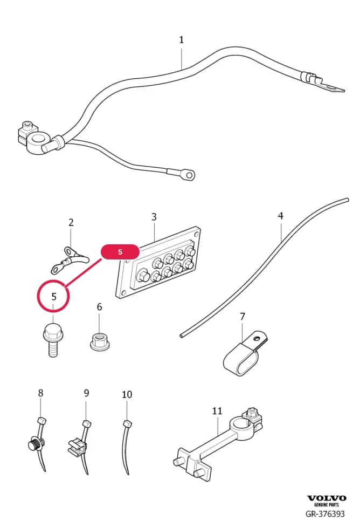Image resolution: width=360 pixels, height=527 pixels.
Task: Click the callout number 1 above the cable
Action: [181, 40]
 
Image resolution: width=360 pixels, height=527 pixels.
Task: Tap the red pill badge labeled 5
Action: [120, 252]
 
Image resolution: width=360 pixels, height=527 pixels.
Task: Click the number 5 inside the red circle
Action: [54, 297]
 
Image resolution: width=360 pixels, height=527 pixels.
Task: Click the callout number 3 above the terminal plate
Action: [154, 217]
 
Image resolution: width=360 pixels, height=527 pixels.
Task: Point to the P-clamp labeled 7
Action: [245, 353]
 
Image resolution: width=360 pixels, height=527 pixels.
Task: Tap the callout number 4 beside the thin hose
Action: [281, 216]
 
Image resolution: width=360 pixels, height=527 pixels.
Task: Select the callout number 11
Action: [217, 410]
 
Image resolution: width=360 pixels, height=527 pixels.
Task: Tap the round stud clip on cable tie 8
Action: [35, 444]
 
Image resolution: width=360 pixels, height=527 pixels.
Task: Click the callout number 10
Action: [127, 394]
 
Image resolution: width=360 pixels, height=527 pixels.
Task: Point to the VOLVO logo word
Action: [327, 498]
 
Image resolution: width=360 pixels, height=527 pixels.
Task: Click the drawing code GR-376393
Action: [325, 514]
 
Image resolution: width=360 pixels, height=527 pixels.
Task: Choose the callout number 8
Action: [40, 393]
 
